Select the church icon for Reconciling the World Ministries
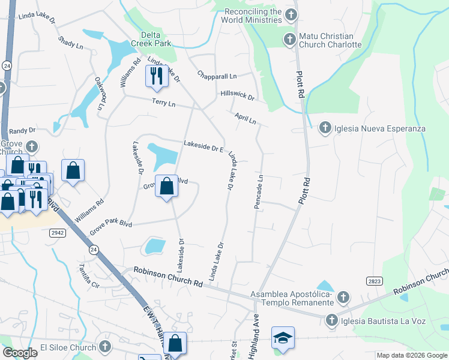[291, 14]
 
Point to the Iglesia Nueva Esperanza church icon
[325, 128]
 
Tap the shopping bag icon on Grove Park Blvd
[167, 186]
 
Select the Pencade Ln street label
[259, 192]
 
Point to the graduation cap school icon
[283, 337]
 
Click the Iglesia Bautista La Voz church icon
[331, 321]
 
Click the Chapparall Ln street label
[217, 76]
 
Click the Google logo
[20, 353]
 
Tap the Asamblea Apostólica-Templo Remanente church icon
[343, 297]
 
